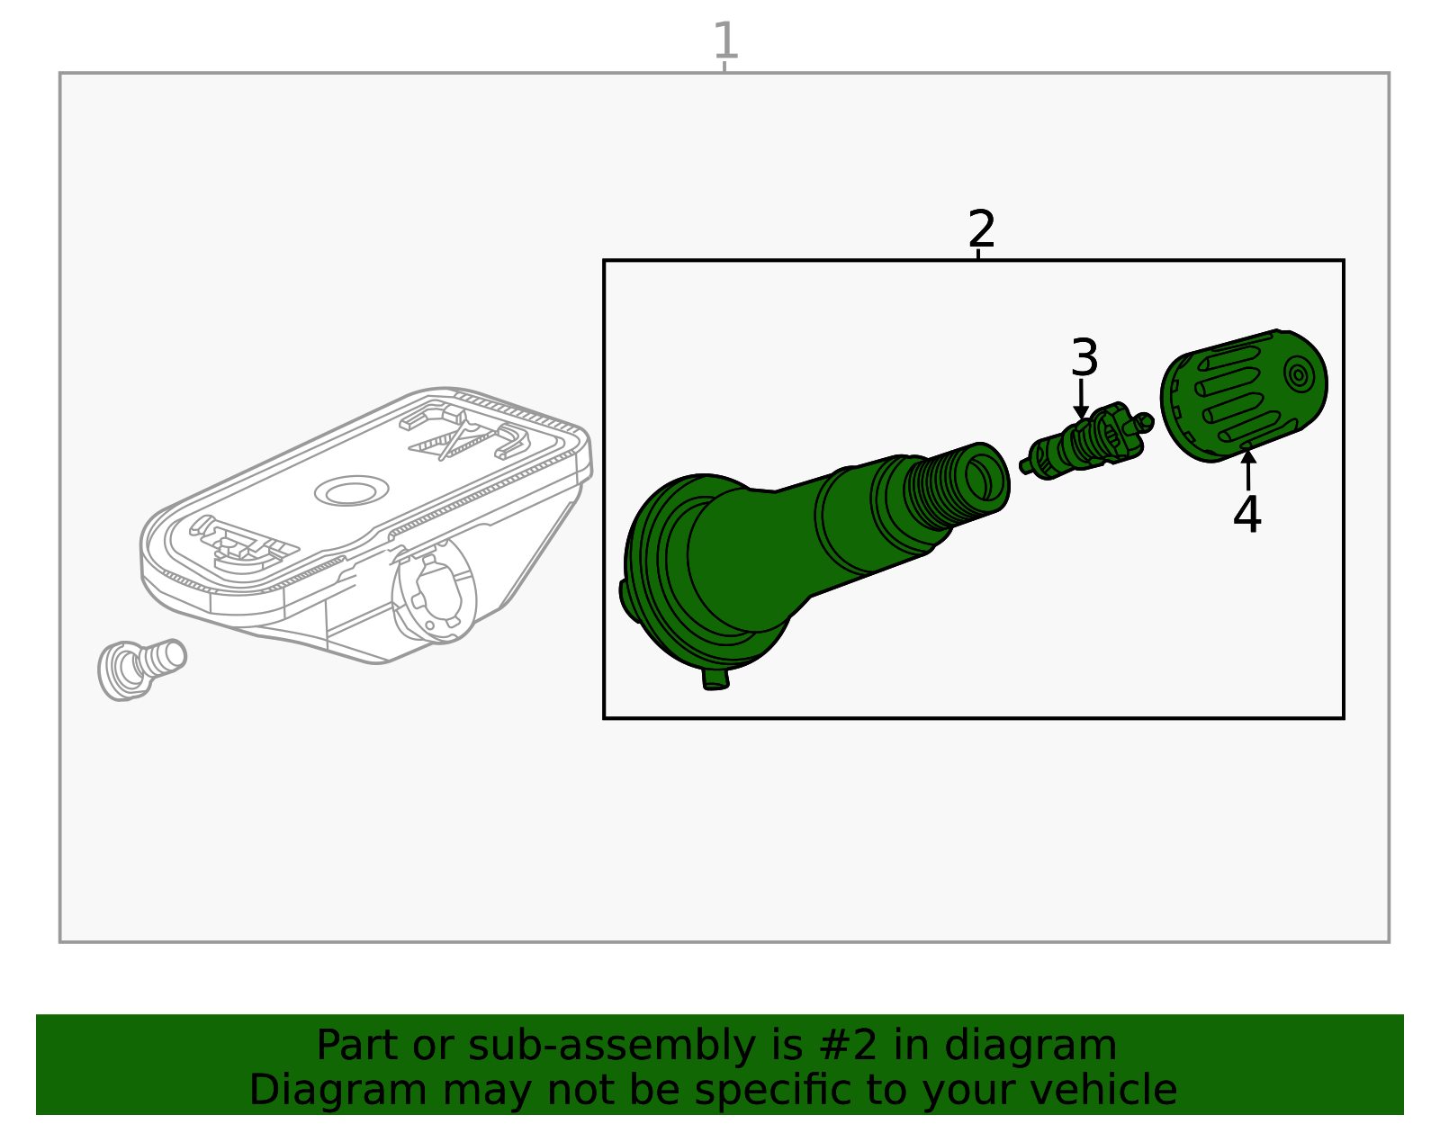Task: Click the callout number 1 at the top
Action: coord(725,40)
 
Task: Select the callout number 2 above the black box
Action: coord(981,229)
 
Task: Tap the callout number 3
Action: coord(1084,357)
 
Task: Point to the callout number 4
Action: coord(1247,514)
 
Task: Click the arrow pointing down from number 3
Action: coord(1082,399)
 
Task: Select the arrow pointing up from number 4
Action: coord(1248,471)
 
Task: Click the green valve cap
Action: coord(1244,395)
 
